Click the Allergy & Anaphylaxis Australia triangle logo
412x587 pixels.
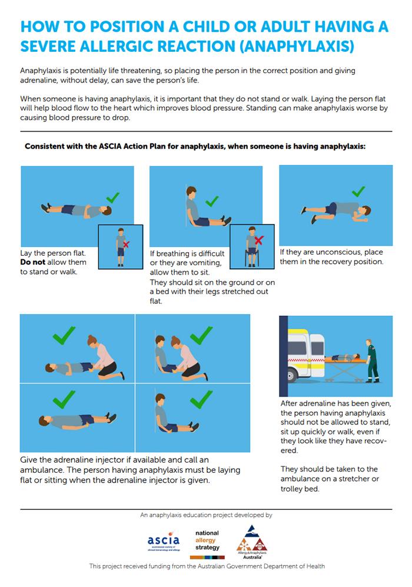tap(252, 539)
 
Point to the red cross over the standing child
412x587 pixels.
tap(124, 243)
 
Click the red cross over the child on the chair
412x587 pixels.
tap(258, 240)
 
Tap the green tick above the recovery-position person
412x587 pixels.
tap(357, 192)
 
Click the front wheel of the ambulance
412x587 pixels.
tap(293, 374)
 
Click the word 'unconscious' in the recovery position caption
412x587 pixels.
tap(334, 253)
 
